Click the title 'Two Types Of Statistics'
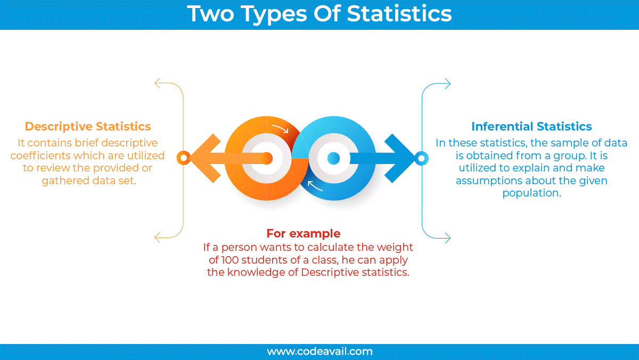(319, 14)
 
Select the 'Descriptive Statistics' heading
(88, 127)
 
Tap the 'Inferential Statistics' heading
(531, 127)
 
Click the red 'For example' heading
(303, 233)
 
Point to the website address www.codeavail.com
(319, 351)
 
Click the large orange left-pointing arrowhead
(204, 158)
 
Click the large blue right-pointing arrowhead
(400, 158)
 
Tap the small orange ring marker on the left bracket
(184, 158)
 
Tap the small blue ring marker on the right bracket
(421, 158)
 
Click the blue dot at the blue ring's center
(333, 158)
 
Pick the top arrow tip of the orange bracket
(157, 83)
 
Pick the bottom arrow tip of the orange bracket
(157, 237)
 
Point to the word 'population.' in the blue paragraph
(531, 193)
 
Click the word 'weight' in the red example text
(396, 248)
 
